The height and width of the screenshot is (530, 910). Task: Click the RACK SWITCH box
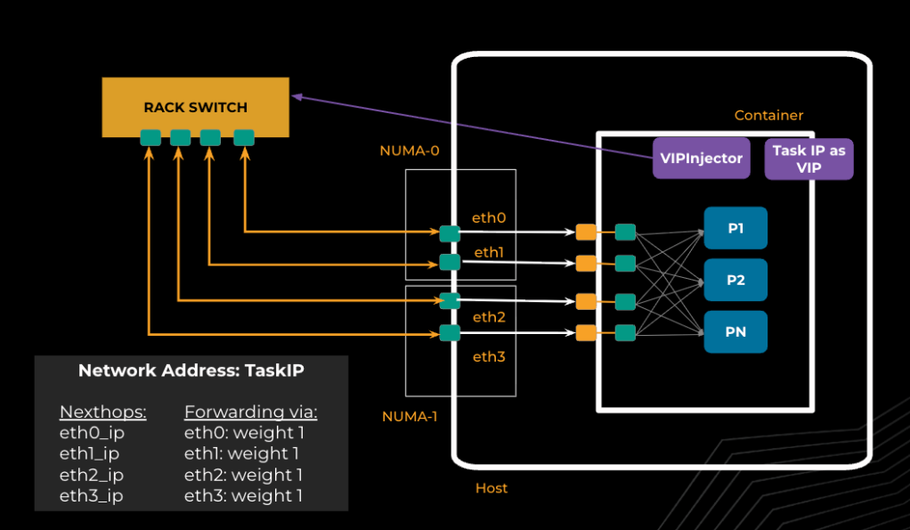click(x=195, y=107)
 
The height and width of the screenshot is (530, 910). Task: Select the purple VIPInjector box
click(x=701, y=158)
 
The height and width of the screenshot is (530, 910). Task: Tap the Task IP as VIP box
click(x=808, y=159)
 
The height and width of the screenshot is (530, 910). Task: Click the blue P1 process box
click(x=735, y=229)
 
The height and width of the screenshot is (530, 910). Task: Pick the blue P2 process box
click(x=735, y=280)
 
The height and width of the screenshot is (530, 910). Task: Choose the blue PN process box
click(x=735, y=332)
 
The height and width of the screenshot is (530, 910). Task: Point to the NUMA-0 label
click(x=410, y=151)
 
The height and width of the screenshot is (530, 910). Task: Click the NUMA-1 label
click(x=410, y=416)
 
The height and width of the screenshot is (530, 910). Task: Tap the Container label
click(x=768, y=116)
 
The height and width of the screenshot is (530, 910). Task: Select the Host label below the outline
click(x=492, y=488)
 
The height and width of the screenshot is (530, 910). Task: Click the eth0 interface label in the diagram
click(x=489, y=217)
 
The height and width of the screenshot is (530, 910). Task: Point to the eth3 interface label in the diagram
click(x=489, y=357)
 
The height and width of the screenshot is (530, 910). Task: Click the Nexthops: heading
click(x=102, y=412)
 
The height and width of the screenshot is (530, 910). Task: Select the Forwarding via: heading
click(x=250, y=412)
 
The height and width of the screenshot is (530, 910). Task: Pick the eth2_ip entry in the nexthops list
click(x=91, y=475)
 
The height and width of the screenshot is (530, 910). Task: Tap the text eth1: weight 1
click(x=243, y=454)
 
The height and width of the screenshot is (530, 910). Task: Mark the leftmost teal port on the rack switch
click(x=150, y=137)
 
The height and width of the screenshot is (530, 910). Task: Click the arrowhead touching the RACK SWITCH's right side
click(x=296, y=95)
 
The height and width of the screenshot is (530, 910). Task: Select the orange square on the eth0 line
click(x=585, y=232)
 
